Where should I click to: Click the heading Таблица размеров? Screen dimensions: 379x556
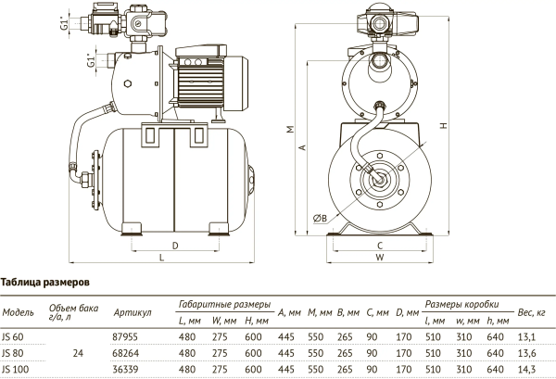pos(44,281)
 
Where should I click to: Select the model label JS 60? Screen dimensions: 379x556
pos(14,336)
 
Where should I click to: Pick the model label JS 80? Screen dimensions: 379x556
pos(14,353)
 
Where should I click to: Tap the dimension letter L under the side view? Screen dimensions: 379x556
pos(161,259)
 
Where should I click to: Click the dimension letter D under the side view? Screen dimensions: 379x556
pos(175,245)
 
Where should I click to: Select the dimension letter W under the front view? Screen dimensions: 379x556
pos(380,259)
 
